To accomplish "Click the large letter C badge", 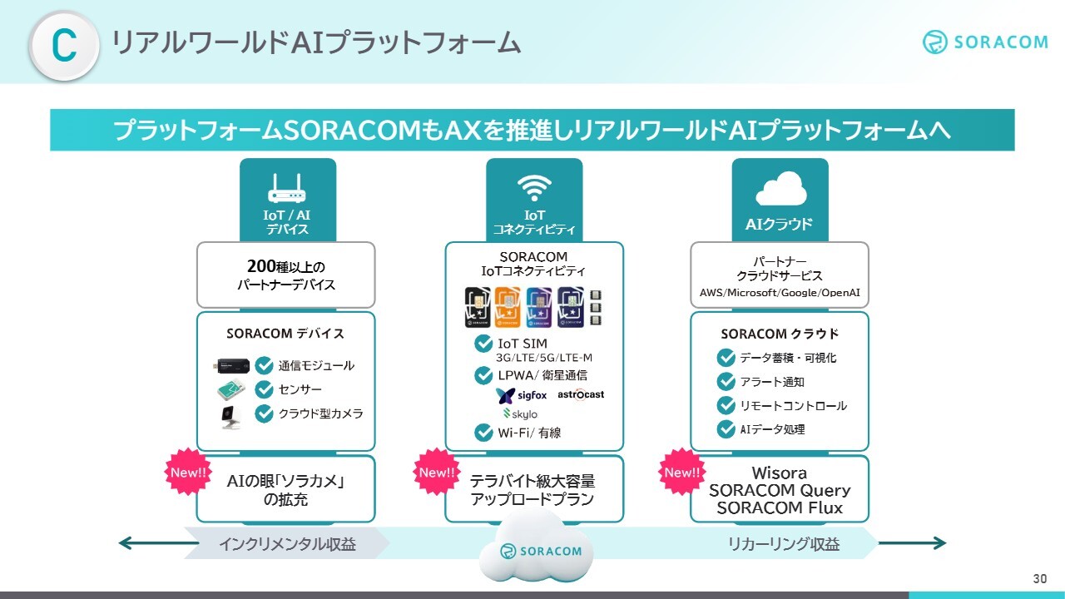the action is (64, 46).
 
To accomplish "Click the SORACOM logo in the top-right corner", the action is (986, 42).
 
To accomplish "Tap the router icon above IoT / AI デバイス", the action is (287, 188).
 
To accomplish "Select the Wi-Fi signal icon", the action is (534, 188).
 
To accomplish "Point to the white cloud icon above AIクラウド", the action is (781, 188).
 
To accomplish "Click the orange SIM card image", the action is (508, 307).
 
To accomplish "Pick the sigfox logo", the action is (521, 395).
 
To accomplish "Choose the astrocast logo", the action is (581, 394).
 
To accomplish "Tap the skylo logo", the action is (521, 414).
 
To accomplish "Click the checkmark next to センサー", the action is (264, 389).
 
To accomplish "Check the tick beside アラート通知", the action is (726, 381).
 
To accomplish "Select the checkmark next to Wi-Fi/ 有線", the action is (483, 433).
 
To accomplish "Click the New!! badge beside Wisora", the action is (682, 472).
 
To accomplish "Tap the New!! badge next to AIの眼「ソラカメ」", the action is (188, 472).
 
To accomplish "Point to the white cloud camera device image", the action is (231, 417).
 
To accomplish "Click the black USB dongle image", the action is (231, 366).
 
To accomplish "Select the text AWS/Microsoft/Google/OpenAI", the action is (780, 293).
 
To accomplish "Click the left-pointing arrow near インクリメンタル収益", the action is (159, 543).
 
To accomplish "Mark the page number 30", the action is (1040, 578).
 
